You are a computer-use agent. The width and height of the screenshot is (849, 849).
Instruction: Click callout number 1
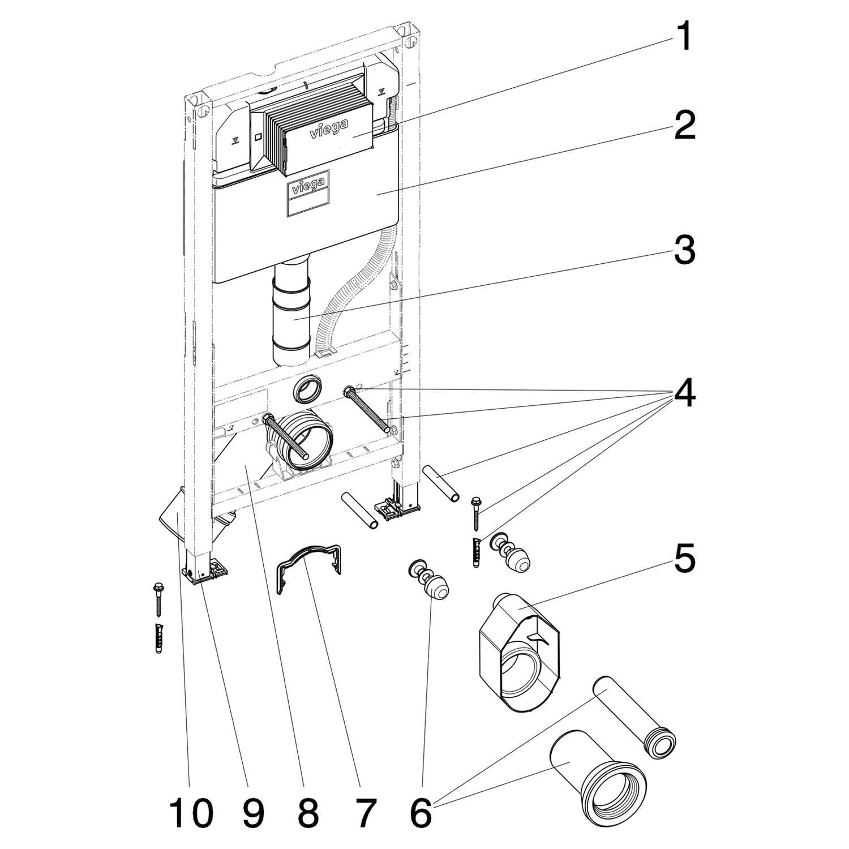click(x=684, y=37)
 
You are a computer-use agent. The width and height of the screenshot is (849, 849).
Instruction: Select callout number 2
click(x=684, y=126)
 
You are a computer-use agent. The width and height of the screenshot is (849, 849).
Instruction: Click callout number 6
click(x=420, y=813)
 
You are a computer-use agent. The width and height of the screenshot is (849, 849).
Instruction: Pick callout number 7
click(x=364, y=813)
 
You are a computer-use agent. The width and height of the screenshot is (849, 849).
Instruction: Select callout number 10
click(x=191, y=813)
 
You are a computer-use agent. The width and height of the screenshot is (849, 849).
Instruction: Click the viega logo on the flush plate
click(x=329, y=131)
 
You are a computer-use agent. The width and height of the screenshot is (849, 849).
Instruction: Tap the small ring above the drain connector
click(x=308, y=390)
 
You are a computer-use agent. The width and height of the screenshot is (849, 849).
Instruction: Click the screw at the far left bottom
click(x=157, y=600)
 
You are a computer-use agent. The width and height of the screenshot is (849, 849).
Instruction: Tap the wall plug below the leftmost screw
click(x=158, y=638)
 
